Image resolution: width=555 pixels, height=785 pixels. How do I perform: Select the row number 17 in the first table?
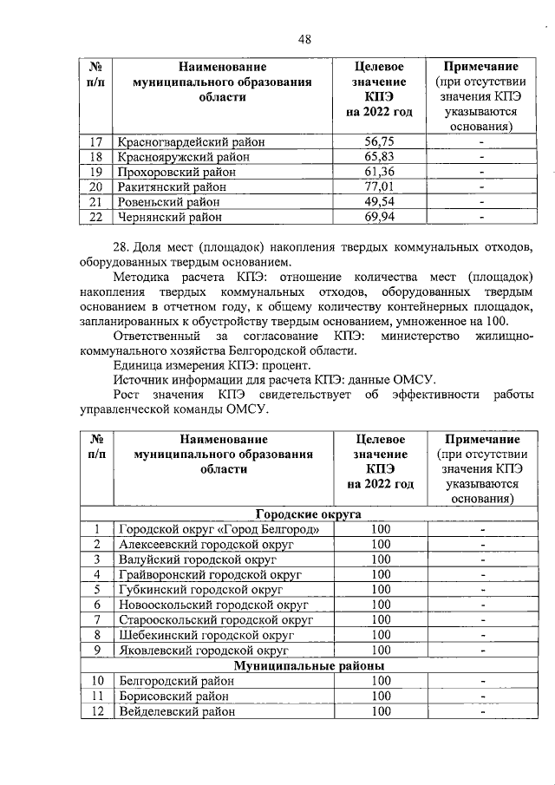click(x=97, y=141)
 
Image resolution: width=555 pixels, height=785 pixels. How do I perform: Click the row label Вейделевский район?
click(x=177, y=710)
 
